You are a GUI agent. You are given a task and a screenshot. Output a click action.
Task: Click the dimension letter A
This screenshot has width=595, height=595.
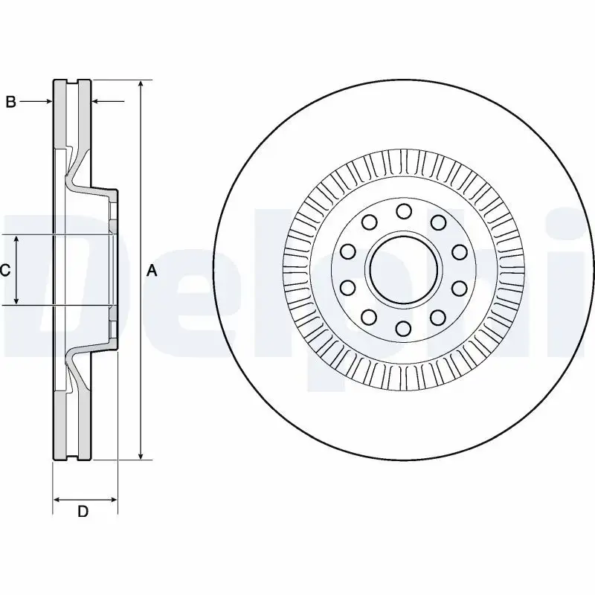(152, 271)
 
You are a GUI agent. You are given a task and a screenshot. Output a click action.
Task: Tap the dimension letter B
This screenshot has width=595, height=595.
(10, 102)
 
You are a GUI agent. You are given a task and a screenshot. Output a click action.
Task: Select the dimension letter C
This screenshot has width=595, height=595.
(4, 271)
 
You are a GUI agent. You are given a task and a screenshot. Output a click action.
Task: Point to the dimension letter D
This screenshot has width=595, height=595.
(83, 511)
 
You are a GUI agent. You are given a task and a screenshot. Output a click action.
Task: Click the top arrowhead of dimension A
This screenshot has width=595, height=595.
(140, 84)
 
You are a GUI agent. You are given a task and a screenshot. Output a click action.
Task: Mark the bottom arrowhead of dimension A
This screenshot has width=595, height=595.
(140, 455)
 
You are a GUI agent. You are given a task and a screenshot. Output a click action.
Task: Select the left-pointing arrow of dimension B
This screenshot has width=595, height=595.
(97, 102)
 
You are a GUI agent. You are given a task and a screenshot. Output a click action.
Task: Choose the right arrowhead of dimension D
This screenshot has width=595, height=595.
(114, 498)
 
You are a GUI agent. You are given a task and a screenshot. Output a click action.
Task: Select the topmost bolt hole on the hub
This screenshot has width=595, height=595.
(404, 212)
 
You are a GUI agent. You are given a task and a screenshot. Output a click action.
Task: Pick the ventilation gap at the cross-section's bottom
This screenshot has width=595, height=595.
(73, 424)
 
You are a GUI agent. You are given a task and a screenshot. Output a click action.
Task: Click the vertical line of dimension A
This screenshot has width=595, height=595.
(140, 186)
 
